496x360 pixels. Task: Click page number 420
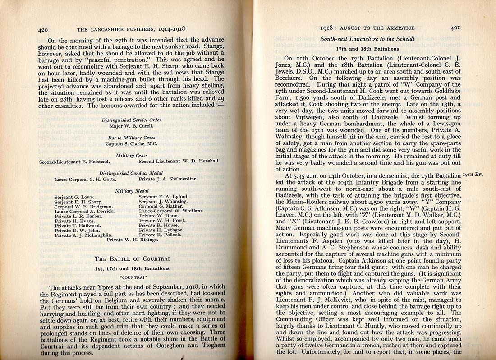pyautogui.click(x=43, y=30)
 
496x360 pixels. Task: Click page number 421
pyautogui.click(x=455, y=28)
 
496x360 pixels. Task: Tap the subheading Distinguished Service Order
pyautogui.click(x=131, y=120)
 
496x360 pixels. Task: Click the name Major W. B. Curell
pyautogui.click(x=131, y=126)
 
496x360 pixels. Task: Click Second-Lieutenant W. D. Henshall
pyautogui.click(x=179, y=162)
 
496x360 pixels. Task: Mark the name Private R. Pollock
pyautogui.click(x=160, y=235)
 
